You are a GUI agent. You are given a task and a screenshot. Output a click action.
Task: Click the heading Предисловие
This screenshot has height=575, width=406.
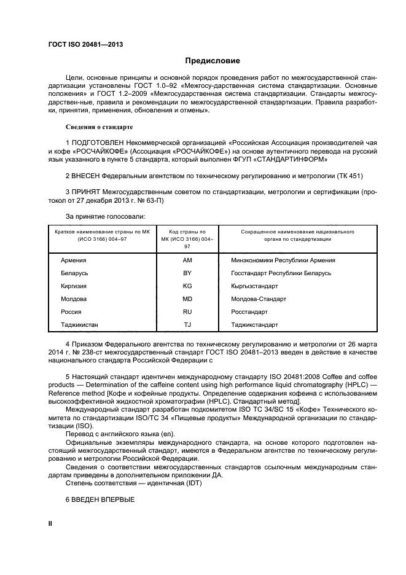click(x=213, y=61)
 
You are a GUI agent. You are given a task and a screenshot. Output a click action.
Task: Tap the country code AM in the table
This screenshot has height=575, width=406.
click(x=187, y=260)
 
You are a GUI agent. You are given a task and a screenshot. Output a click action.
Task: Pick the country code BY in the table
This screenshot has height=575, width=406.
click(x=187, y=273)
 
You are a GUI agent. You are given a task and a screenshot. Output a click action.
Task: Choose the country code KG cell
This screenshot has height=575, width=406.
click(x=187, y=286)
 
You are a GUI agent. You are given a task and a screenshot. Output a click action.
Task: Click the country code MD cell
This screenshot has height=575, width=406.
click(x=187, y=299)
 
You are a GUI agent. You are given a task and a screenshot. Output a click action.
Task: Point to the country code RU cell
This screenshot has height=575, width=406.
click(x=187, y=311)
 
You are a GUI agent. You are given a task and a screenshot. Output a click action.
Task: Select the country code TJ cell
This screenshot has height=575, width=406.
click(x=187, y=324)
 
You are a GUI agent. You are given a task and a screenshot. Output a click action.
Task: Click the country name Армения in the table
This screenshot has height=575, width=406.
click(x=74, y=260)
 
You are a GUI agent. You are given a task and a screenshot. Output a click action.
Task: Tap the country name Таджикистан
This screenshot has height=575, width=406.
click(x=79, y=324)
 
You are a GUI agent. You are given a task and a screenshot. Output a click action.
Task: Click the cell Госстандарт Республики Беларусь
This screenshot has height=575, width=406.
click(x=281, y=273)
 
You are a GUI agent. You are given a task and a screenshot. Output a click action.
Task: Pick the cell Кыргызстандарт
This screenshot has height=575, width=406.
click(x=254, y=286)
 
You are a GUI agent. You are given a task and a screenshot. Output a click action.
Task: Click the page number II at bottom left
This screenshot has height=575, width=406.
click(x=52, y=523)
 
